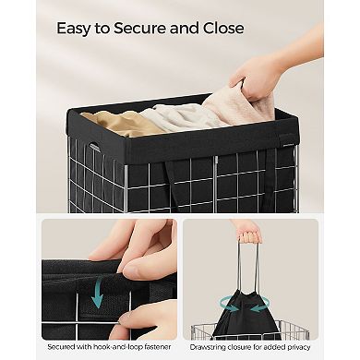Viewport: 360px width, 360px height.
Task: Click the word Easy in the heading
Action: [x=79, y=28]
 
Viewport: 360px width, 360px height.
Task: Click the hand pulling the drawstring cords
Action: [x=247, y=231]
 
